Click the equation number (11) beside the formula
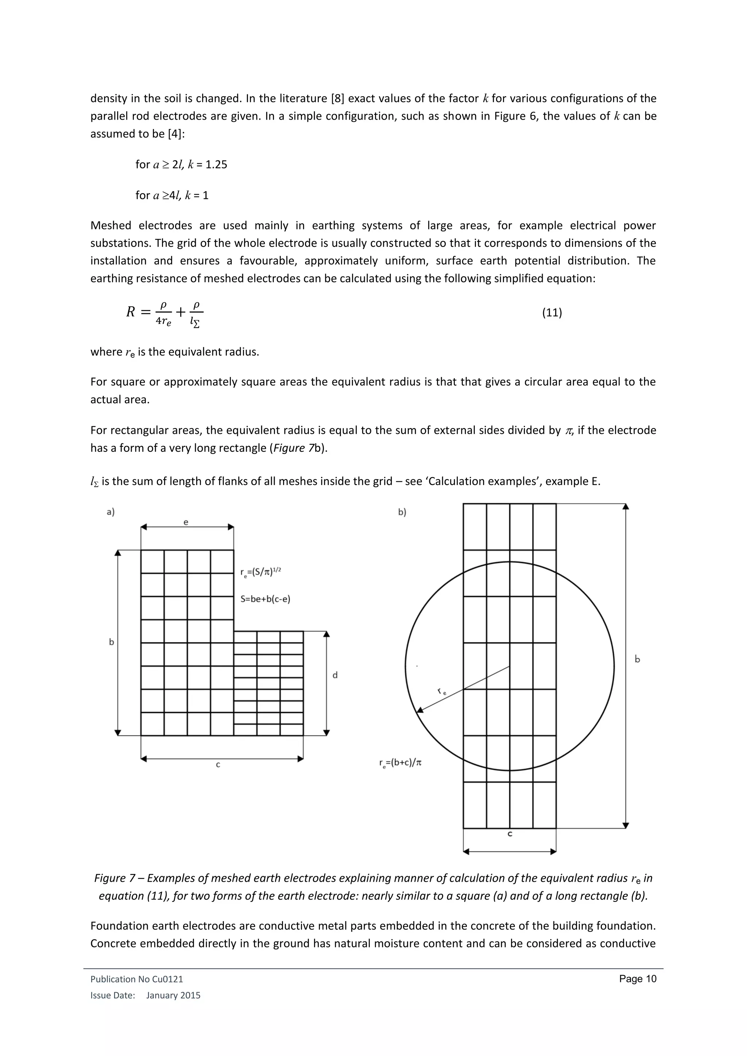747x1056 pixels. (551, 313)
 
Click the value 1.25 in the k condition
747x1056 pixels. (216, 165)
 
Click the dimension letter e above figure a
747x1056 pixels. (186, 523)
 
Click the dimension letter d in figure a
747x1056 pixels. (335, 675)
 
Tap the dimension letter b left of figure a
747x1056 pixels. (111, 642)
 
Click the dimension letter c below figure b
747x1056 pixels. (510, 834)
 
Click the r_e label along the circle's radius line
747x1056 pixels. (442, 691)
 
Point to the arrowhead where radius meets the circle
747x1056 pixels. (419, 710)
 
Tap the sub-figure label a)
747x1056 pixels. (111, 512)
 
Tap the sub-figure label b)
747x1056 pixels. (402, 512)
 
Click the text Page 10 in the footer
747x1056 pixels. (638, 979)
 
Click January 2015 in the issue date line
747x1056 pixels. (173, 995)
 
